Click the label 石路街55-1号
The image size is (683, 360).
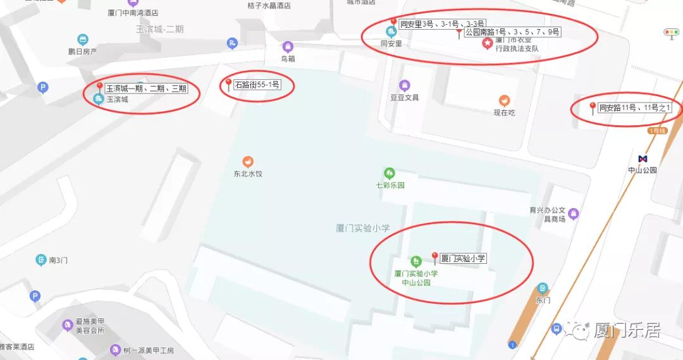[x=257, y=84]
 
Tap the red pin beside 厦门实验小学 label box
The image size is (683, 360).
[x=434, y=257]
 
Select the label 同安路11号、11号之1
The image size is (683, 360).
[x=634, y=108]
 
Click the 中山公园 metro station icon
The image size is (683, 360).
[x=643, y=159]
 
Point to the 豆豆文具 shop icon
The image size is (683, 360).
[x=404, y=85]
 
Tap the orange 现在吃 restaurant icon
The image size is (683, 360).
[x=504, y=101]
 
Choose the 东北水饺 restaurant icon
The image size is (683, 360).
[x=248, y=161]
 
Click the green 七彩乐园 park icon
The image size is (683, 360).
[x=390, y=173]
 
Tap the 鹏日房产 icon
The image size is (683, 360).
[x=82, y=40]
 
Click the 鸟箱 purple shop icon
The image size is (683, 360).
[x=288, y=47]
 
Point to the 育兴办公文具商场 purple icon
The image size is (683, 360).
[x=573, y=214]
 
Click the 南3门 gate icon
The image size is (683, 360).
[x=41, y=260]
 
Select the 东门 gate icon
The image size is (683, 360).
[x=542, y=289]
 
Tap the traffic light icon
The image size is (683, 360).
[x=670, y=32]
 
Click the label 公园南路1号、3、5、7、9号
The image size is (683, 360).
[x=512, y=32]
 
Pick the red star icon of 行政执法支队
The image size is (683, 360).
[x=488, y=43]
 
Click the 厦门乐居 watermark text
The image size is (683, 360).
[x=627, y=330]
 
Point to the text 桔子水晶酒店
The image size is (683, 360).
[x=269, y=6]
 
